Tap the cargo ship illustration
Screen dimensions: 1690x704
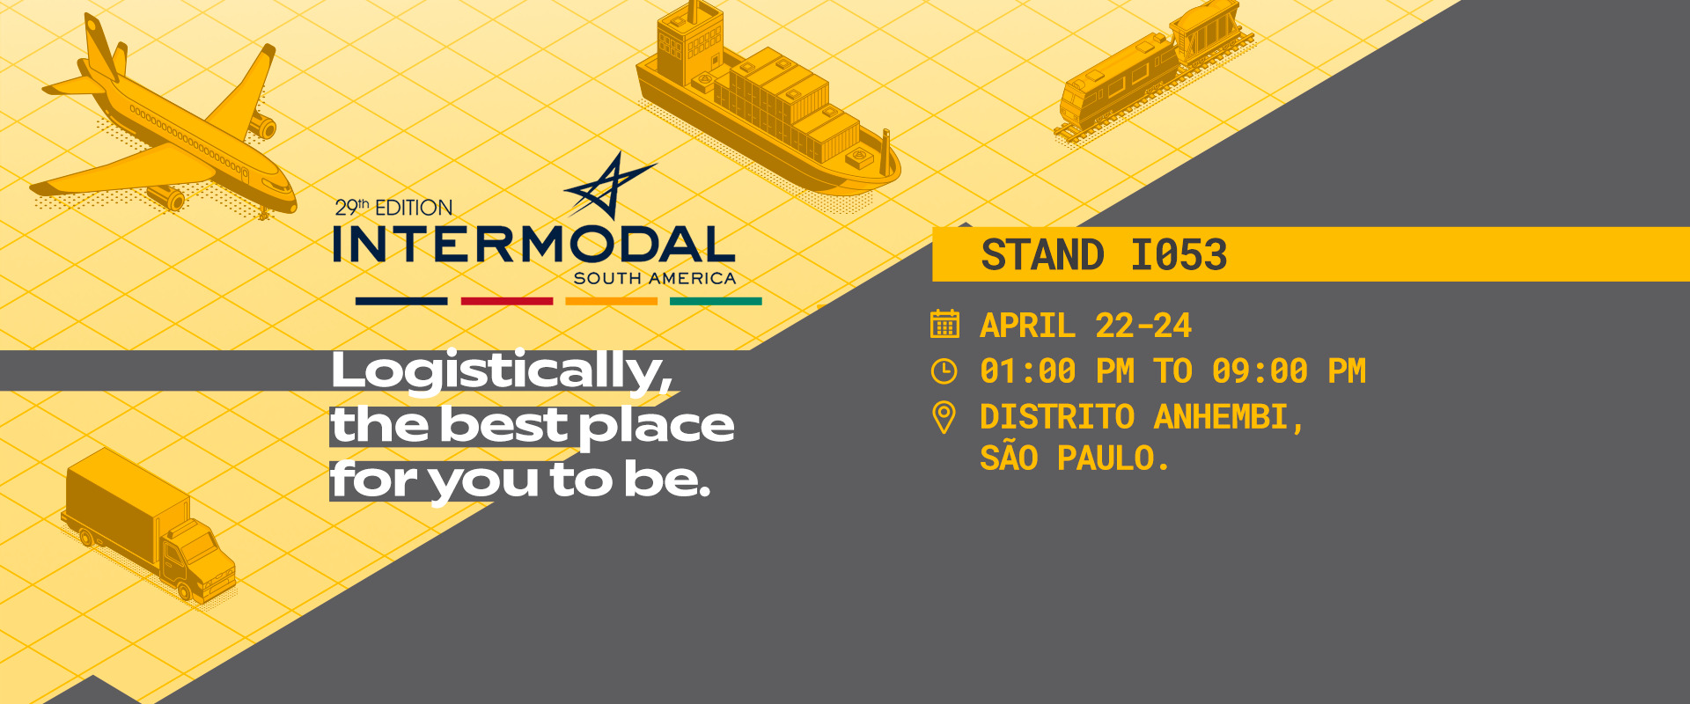coord(766,106)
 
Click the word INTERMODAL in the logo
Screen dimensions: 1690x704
coord(534,244)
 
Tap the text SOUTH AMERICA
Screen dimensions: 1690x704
coord(655,278)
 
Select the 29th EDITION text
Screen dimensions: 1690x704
coord(393,208)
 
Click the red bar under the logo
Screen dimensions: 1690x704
coord(507,301)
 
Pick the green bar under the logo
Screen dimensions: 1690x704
coord(716,301)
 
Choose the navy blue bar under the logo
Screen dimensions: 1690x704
coord(401,301)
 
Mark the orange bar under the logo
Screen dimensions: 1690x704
coord(612,301)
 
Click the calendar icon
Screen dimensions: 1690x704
coord(944,324)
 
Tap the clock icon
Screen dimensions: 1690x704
coord(944,371)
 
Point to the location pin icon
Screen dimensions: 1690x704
coord(944,417)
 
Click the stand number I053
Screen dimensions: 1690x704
coord(1179,255)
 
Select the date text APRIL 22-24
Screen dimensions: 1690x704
coord(1086,326)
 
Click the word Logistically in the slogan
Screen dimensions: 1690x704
coord(502,370)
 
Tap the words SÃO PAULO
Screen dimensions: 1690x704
coord(1075,458)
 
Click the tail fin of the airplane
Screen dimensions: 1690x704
coord(101,48)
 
